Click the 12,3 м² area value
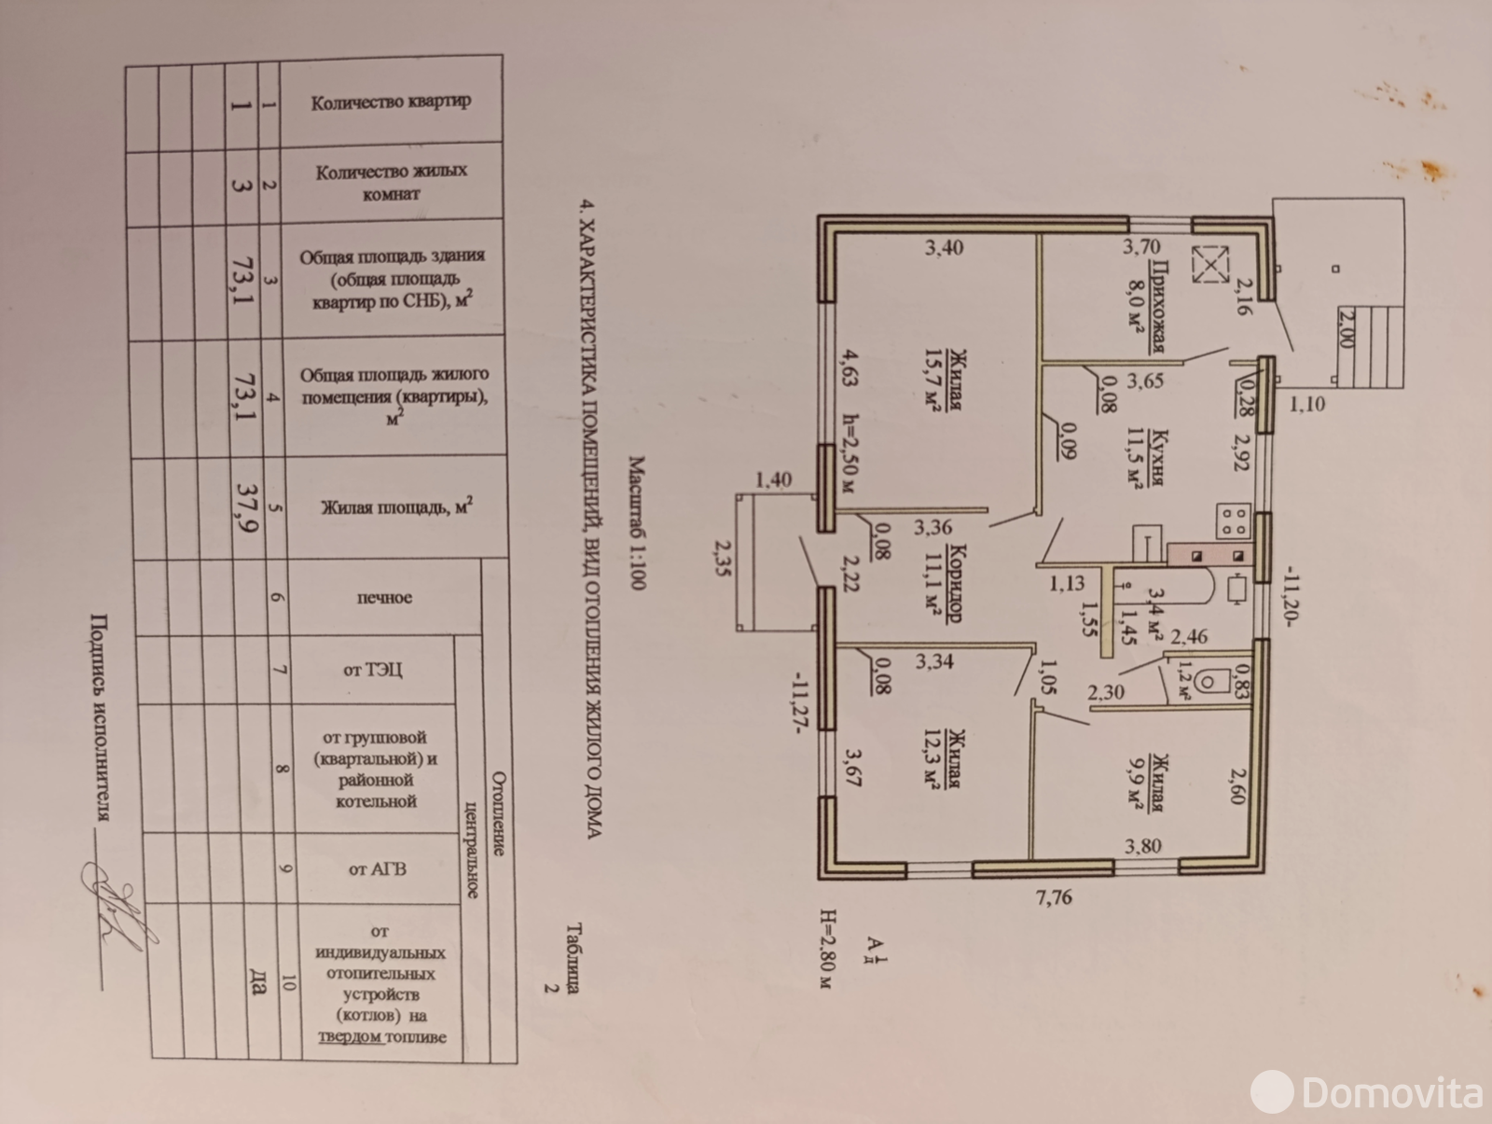click(932, 759)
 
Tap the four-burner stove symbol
click(1234, 520)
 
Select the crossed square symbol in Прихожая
click(1210, 265)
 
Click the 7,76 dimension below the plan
click(1054, 897)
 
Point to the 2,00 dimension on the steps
click(1346, 326)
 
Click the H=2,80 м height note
click(826, 949)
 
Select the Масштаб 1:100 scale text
click(637, 523)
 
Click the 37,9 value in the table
click(247, 508)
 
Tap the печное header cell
click(385, 598)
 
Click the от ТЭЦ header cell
click(372, 670)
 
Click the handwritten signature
click(116, 905)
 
